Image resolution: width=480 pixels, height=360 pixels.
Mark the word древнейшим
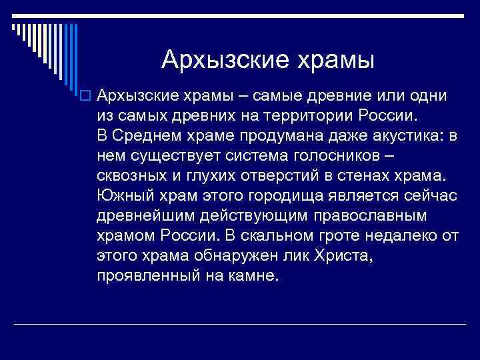point(143,216)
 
